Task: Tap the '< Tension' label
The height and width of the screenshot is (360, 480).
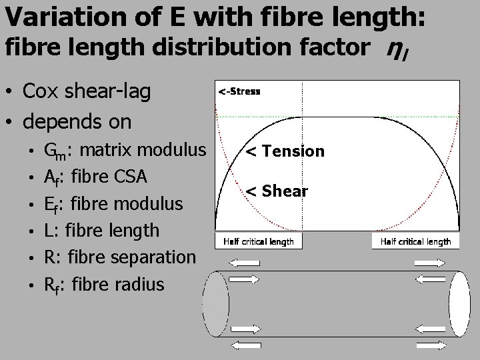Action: pos(285,151)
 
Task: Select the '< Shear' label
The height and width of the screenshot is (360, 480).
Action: pos(276,192)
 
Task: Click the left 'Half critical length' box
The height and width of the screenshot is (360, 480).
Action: pos(259,241)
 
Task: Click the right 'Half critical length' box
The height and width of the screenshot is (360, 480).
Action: pos(415,241)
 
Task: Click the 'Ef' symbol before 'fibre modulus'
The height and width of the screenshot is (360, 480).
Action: pos(51,205)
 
